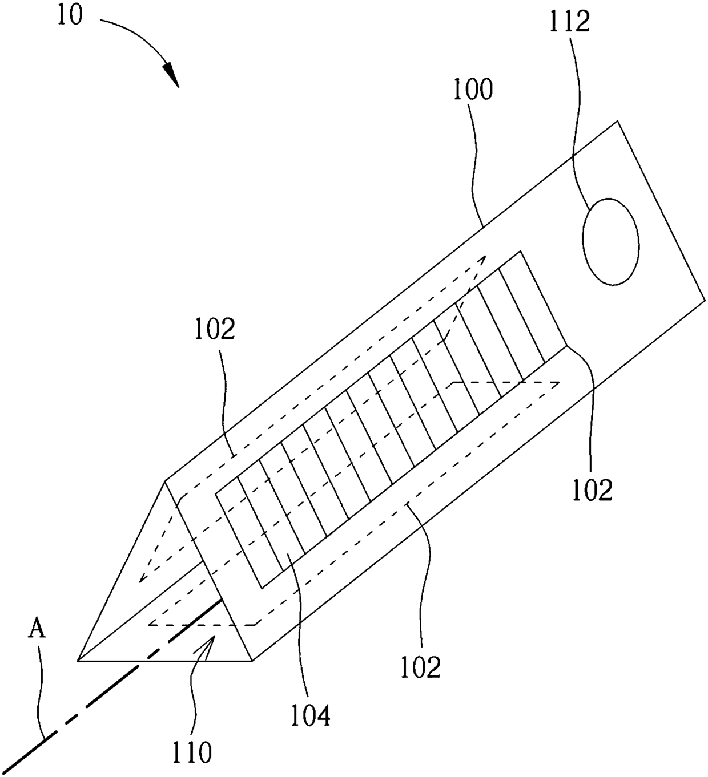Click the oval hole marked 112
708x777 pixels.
(610, 241)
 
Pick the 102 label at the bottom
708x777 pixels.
(420, 667)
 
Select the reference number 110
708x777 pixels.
(191, 752)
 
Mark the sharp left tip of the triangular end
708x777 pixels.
(78, 661)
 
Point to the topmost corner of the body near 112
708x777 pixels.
(617, 121)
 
